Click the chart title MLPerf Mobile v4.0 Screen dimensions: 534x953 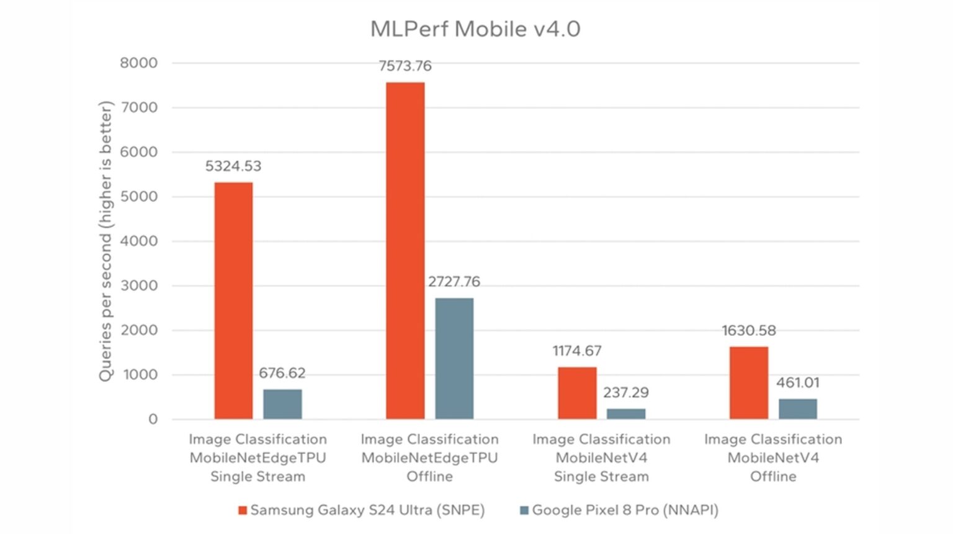click(x=475, y=29)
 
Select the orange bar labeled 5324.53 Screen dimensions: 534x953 click(x=233, y=301)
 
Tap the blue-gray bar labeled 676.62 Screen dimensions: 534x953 click(x=282, y=404)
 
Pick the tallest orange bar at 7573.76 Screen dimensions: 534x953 click(x=405, y=251)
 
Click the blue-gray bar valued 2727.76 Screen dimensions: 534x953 click(x=454, y=358)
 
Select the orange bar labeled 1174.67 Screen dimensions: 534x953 click(x=577, y=393)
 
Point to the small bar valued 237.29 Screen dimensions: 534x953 click(x=626, y=414)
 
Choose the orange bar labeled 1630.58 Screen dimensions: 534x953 click(x=749, y=383)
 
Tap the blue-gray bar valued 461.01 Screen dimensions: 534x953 click(x=798, y=409)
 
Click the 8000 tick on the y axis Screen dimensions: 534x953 click(x=139, y=63)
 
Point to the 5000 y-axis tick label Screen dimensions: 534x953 click(x=139, y=196)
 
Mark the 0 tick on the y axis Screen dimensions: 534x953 click(x=153, y=419)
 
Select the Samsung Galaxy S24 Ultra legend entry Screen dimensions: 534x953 click(x=361, y=510)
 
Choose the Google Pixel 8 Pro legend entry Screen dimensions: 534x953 click(x=619, y=510)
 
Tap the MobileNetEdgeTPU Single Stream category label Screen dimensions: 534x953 click(x=257, y=458)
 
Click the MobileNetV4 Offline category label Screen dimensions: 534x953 click(x=773, y=458)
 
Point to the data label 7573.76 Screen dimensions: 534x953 click(x=405, y=66)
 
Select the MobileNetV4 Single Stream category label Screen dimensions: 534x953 click(x=601, y=458)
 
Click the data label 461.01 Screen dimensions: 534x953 click(x=798, y=382)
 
